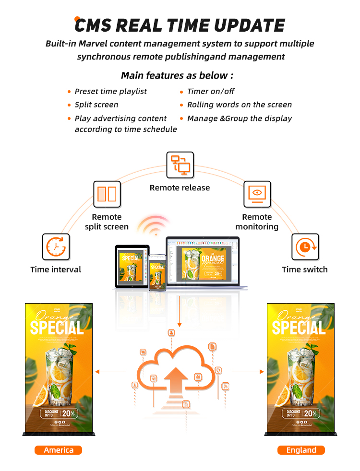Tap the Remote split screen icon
click(x=107, y=194)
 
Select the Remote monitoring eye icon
click(x=257, y=194)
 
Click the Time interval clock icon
click(x=56, y=247)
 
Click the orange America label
click(x=59, y=450)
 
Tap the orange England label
click(x=301, y=450)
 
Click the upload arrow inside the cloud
click(x=176, y=379)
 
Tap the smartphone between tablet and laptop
click(x=156, y=272)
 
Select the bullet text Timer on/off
click(x=211, y=91)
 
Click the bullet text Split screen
click(x=96, y=105)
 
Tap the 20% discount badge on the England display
click(x=310, y=413)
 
